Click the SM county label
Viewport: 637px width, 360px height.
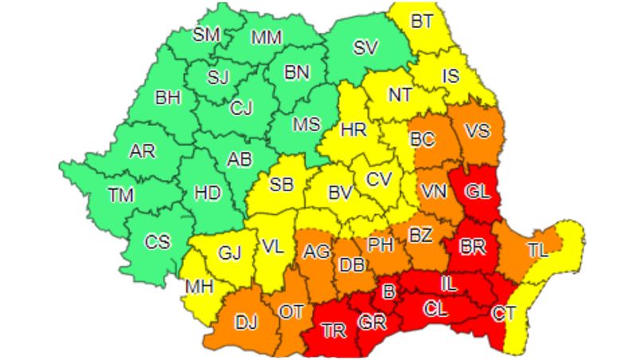coord(208,33)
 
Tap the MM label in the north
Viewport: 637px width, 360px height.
coord(266,37)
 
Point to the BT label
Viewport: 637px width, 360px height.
coord(423,22)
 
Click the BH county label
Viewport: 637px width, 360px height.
coord(168,99)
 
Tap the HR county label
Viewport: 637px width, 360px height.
coord(352,129)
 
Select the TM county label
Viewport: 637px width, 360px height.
coord(123,194)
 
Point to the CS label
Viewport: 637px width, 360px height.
coord(157,241)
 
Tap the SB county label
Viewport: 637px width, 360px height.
coord(281,185)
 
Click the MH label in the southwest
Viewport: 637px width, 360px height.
coord(199,286)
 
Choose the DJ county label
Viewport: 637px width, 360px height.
coord(246,322)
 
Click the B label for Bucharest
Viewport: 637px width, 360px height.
coord(389,292)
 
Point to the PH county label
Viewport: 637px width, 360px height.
coord(381,245)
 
